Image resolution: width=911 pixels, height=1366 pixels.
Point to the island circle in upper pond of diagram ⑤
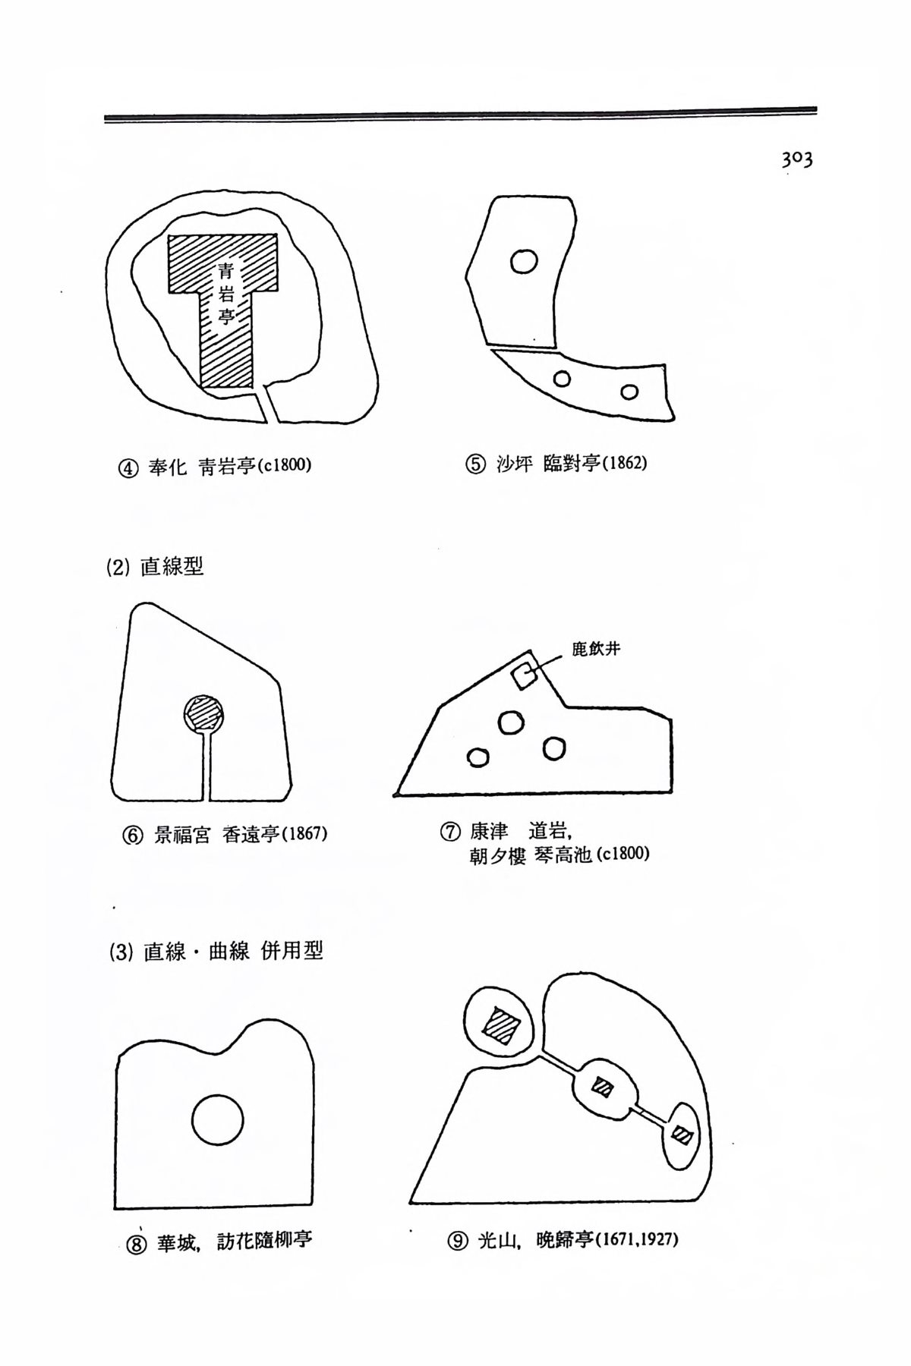[524, 262]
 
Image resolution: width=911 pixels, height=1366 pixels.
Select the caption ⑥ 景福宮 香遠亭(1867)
[225, 835]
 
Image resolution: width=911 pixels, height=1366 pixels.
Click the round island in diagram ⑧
[217, 1119]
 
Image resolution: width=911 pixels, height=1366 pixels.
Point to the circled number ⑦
[449, 833]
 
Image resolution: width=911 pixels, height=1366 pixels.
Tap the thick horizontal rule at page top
[460, 114]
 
